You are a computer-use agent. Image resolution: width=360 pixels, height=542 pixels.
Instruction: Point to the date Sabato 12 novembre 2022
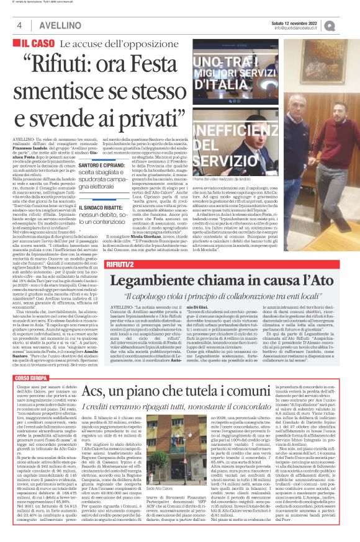[304, 22]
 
